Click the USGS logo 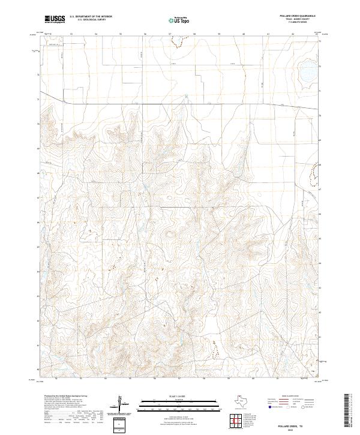[x=55, y=20]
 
